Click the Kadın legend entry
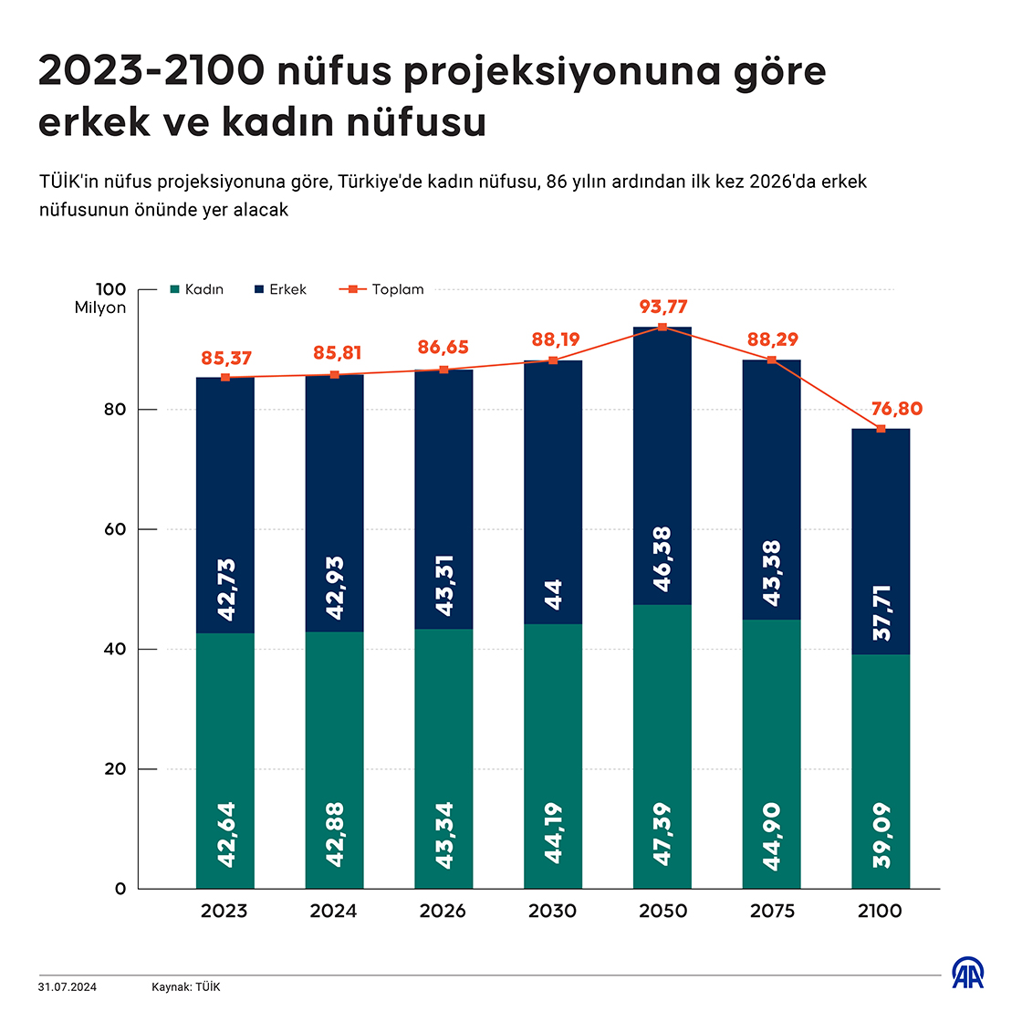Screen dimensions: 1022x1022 (x=197, y=289)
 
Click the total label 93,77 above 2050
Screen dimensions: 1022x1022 (x=663, y=307)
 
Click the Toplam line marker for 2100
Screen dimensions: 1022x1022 (x=881, y=429)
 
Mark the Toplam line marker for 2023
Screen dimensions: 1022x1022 (x=225, y=377)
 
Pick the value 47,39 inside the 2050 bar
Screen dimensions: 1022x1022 (x=663, y=834)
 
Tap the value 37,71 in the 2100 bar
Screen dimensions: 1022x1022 (x=881, y=612)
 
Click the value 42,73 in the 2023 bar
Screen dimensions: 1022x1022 (x=225, y=590)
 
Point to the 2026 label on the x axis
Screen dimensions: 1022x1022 (x=443, y=911)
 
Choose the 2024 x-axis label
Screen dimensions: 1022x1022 (x=334, y=911)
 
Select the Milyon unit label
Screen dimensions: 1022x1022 (x=100, y=308)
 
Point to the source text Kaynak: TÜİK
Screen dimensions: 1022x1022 (x=186, y=987)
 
